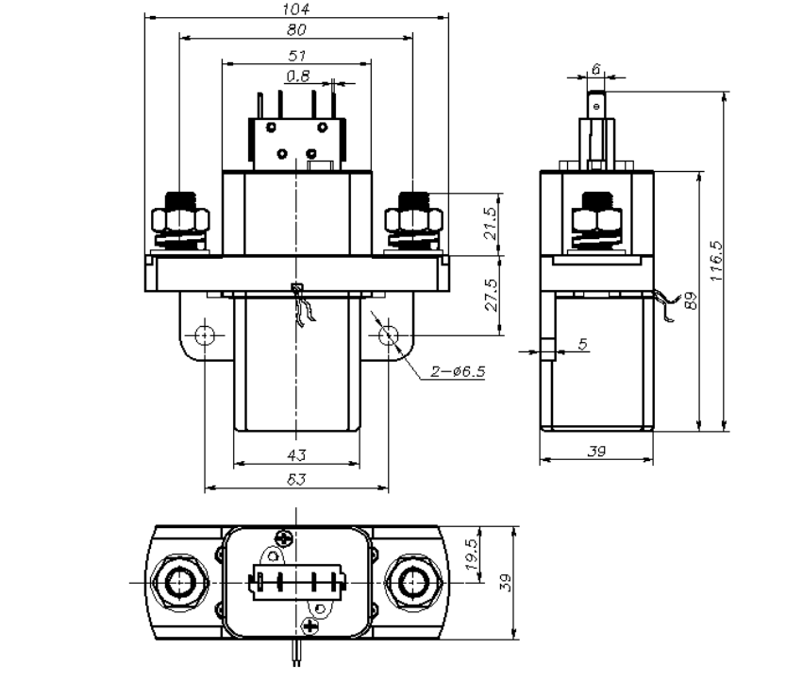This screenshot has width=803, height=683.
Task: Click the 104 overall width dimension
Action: [x=296, y=9]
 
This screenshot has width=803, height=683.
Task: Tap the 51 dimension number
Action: [x=296, y=56]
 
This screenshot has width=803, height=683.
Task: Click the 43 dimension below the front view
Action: [x=296, y=454]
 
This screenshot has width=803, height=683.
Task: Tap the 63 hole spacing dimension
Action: [x=296, y=480]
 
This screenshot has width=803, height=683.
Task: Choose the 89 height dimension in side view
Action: [x=692, y=302]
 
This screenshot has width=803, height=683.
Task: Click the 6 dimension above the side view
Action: [x=595, y=69]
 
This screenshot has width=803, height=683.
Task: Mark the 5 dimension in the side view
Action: [x=582, y=345]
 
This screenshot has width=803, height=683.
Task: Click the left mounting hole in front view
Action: [x=205, y=335]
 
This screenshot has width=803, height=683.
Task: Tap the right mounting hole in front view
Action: [x=387, y=335]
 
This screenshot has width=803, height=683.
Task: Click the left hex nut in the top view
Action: [x=176, y=583]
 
